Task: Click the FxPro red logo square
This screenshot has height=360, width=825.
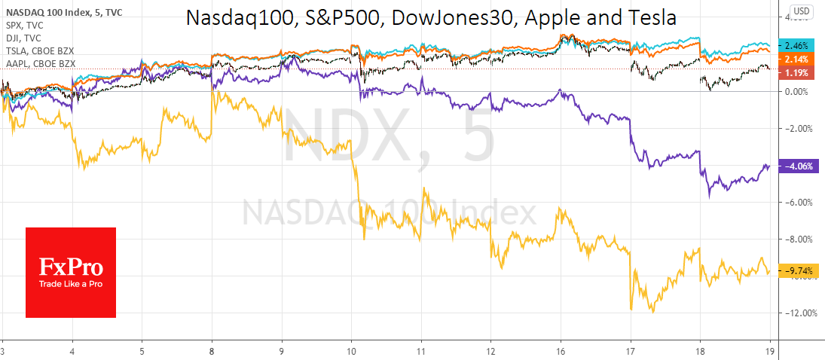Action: point(71,272)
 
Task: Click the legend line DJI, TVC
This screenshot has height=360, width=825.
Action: point(21,36)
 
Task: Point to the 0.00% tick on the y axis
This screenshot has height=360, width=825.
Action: point(796,92)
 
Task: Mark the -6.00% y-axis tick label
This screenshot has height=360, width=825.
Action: point(798,203)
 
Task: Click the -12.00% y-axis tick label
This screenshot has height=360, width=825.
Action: point(800,313)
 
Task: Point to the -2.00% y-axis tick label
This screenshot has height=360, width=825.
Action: point(798,129)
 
